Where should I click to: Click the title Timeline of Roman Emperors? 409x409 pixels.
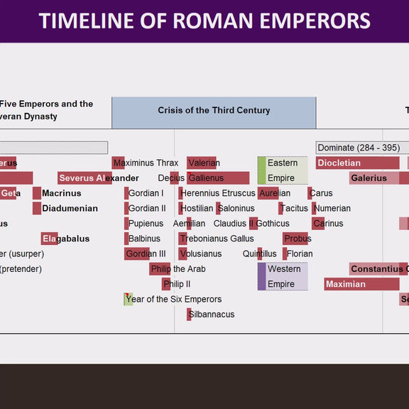204,20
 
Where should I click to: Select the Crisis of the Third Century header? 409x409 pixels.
214,111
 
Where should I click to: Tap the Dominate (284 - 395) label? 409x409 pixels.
358,148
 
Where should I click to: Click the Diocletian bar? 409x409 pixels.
357,163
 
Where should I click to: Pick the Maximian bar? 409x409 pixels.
361,284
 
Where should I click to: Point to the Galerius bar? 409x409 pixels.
373,178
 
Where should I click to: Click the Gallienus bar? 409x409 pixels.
217,178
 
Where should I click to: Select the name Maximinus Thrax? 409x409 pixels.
146,163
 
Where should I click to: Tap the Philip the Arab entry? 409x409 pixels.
178,269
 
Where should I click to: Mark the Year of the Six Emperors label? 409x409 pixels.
173,300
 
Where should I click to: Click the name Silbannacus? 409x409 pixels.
212,315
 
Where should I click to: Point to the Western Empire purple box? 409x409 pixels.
283,276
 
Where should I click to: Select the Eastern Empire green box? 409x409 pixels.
283,170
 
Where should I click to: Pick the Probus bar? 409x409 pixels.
296,239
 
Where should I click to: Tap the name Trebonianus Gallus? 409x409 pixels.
217,239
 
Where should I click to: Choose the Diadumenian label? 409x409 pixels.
70,209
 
